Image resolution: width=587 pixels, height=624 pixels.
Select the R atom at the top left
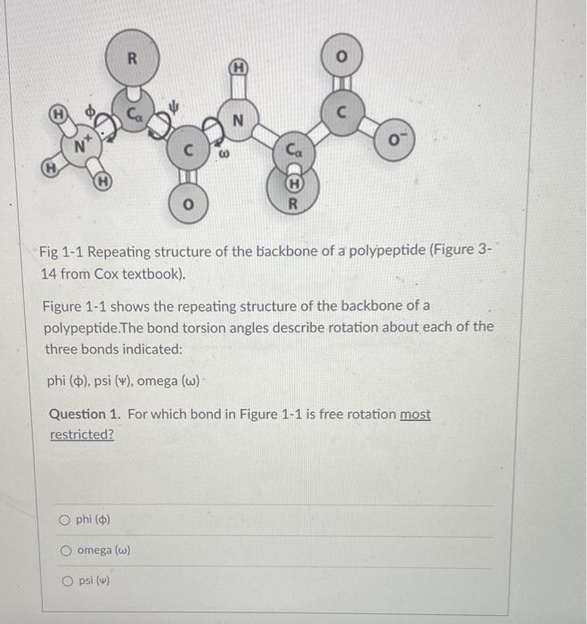pyautogui.click(x=131, y=60)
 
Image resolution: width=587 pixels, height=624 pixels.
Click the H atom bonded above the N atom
pyautogui.click(x=239, y=67)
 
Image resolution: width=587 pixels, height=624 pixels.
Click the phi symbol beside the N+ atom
pyautogui.click(x=90, y=109)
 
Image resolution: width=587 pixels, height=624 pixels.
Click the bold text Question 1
pyautogui.click(x=86, y=415)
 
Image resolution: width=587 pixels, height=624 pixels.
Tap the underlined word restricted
pyautogui.click(x=82, y=435)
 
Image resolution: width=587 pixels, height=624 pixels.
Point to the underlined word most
pyautogui.click(x=414, y=415)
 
